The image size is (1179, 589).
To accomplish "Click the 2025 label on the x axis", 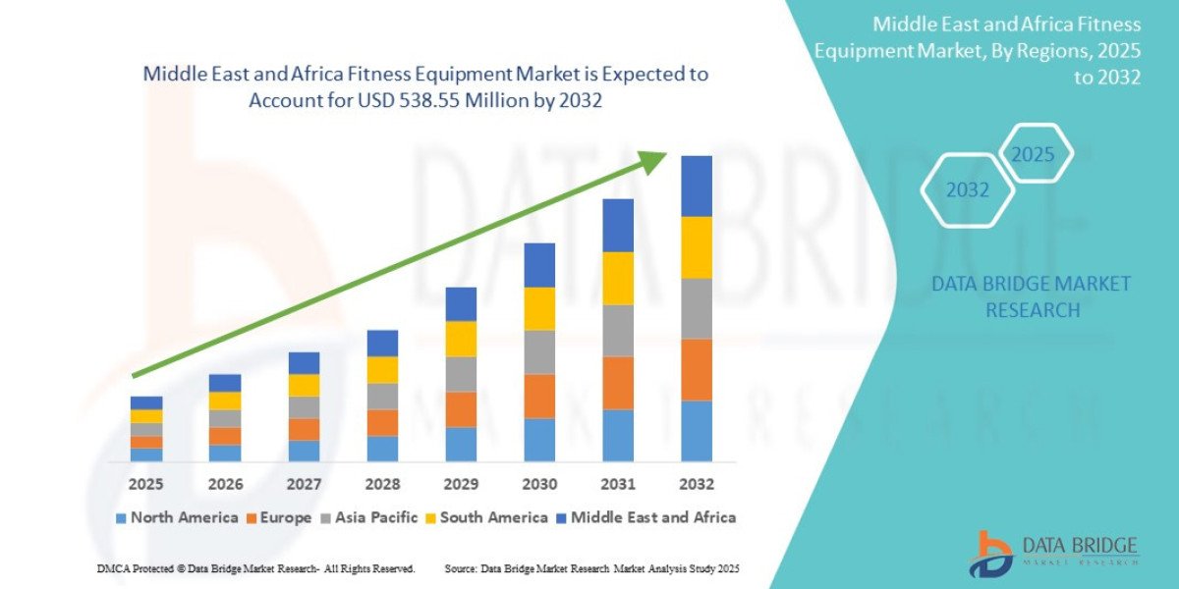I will coord(146,484).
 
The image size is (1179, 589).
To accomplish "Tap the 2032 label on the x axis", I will coord(696,484).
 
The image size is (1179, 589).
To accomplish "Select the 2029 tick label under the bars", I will coord(461,484).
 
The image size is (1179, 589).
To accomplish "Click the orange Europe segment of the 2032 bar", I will coord(697,369).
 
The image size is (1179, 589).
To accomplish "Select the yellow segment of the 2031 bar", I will coord(618,278).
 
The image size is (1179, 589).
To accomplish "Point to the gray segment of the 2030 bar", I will coord(539,351).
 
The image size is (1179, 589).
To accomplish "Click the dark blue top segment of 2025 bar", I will coord(146,402).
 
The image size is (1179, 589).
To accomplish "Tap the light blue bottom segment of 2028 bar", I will coord(382,449).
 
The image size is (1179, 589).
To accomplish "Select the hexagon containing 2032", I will coord(968,190).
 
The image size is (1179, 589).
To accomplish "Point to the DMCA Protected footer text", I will coord(255,568).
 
